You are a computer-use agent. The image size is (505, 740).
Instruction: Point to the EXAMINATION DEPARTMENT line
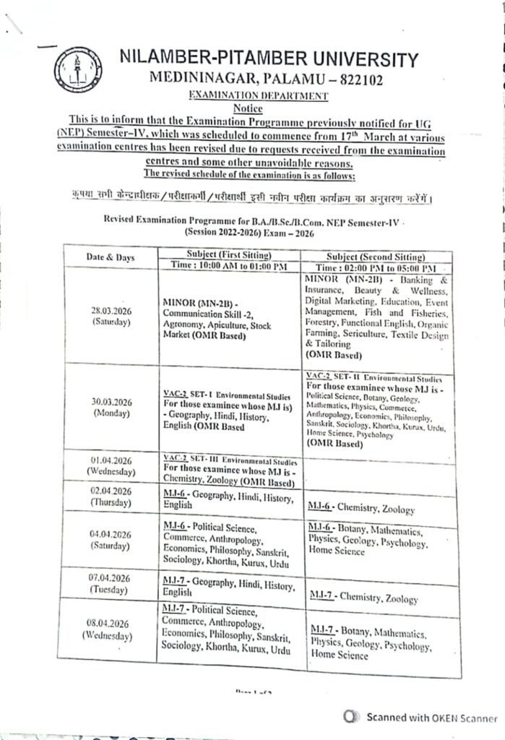point(258,95)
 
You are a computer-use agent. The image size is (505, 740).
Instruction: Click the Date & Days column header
point(111,258)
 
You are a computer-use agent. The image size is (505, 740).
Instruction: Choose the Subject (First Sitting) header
point(228,254)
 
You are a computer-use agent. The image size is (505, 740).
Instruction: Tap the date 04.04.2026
point(110,534)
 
